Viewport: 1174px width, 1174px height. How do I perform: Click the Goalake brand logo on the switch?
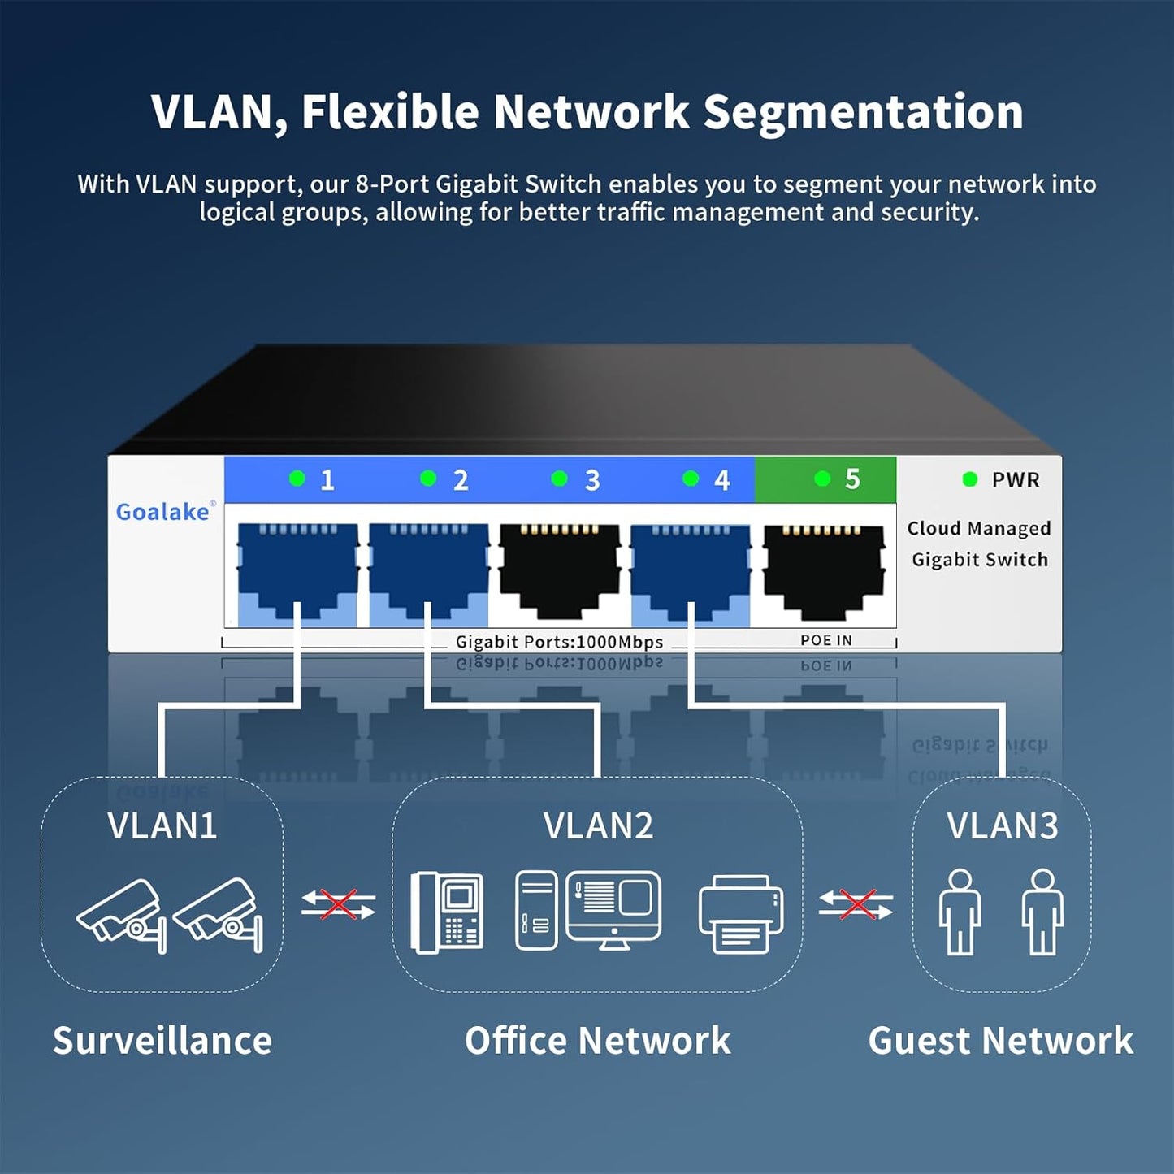[163, 512]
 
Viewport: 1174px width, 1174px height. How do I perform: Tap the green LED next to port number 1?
[297, 479]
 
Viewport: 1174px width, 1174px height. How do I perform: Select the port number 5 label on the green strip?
[851, 479]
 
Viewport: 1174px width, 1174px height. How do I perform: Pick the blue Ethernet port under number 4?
[690, 572]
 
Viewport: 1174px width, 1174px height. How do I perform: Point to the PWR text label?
[1016, 480]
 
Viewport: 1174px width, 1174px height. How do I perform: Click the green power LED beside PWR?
[969, 479]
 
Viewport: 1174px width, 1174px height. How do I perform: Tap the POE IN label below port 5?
[825, 641]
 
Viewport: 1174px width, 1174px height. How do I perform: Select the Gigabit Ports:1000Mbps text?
[559, 642]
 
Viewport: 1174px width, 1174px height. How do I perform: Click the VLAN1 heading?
[162, 826]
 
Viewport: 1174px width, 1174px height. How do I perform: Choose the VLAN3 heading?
[1003, 826]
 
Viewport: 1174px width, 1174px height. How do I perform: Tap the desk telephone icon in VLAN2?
[447, 912]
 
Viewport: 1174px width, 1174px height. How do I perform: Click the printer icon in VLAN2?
[740, 914]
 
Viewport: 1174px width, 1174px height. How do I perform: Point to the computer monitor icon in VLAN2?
[613, 908]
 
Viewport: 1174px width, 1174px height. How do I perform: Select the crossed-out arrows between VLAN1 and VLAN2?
[338, 904]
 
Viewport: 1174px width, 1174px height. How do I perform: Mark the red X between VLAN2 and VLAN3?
[856, 904]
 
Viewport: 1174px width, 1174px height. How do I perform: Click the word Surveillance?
[162, 1041]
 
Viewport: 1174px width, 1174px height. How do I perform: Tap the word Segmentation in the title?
[863, 112]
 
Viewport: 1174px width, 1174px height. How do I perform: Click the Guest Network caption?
[1000, 1041]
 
